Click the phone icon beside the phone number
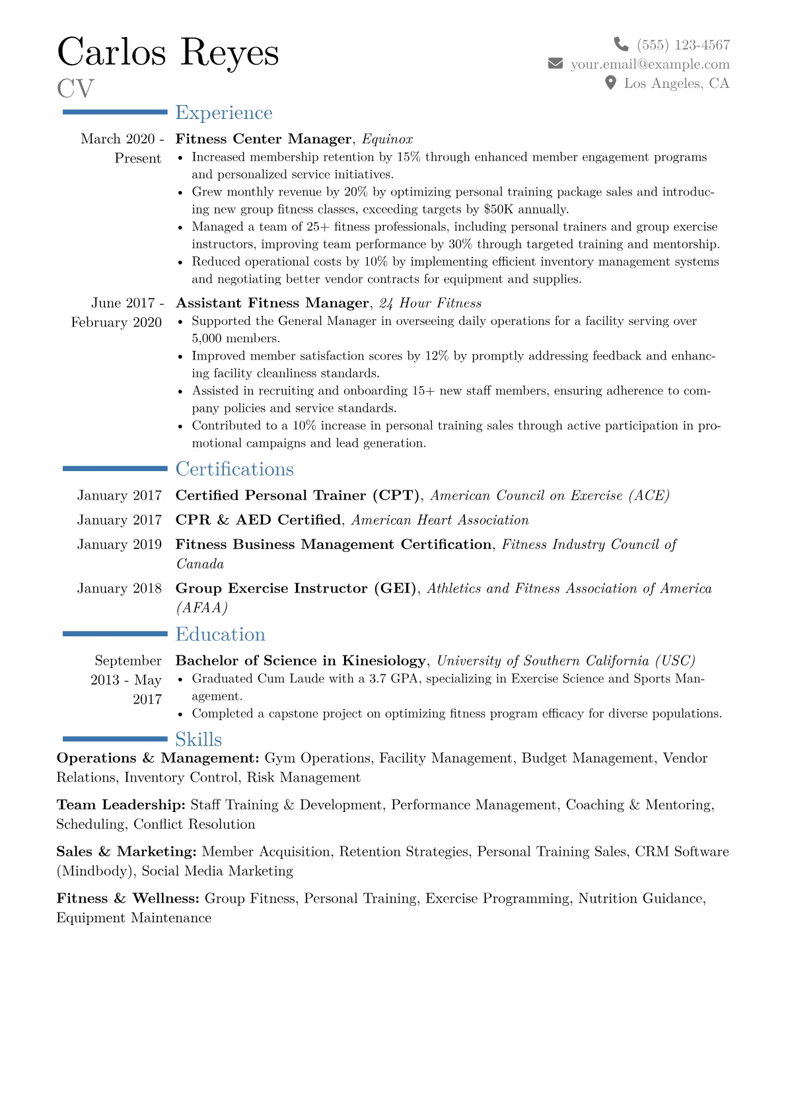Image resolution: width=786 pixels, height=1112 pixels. click(x=621, y=44)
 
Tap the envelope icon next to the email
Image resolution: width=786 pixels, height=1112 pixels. click(x=555, y=63)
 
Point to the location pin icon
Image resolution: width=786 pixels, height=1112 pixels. click(x=611, y=83)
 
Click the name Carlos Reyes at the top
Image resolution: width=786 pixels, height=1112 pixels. click(x=168, y=52)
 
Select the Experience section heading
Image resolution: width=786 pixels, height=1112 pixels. click(x=224, y=113)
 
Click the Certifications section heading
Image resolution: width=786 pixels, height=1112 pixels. click(x=234, y=469)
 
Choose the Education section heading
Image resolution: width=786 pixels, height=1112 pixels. click(x=220, y=634)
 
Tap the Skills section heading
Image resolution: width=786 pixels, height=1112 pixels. click(x=198, y=739)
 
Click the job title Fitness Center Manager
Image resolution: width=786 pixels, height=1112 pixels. click(x=264, y=139)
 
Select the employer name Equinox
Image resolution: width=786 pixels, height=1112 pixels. click(x=388, y=139)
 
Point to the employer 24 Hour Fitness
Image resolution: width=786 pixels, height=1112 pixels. click(x=431, y=303)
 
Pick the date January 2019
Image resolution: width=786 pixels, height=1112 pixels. click(x=120, y=544)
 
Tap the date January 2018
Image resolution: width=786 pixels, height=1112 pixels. click(x=120, y=589)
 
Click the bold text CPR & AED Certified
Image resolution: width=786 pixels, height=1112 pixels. click(x=258, y=520)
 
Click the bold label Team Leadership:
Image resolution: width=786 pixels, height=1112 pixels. click(x=121, y=805)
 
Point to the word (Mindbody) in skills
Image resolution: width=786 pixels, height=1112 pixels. click(x=96, y=871)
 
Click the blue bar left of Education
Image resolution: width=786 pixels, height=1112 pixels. click(x=115, y=634)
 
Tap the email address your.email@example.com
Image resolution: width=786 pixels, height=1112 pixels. click(x=650, y=64)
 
